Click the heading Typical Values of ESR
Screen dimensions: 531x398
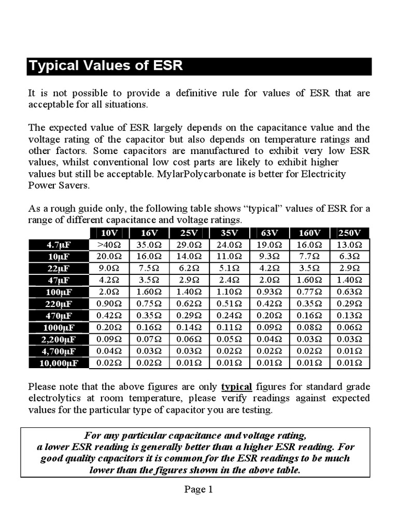pos(106,66)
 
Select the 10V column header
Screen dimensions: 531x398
pos(109,232)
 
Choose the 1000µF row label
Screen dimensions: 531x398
pos(58,328)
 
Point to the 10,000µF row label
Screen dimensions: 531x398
pos(58,363)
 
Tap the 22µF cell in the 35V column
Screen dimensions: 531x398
pos(229,269)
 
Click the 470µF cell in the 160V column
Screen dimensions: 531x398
pos(310,316)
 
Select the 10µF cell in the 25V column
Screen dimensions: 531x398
pos(189,257)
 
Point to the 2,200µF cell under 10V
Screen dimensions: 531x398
pos(109,339)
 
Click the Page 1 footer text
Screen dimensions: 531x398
pos(199,489)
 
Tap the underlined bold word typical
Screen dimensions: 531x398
pos(236,387)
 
